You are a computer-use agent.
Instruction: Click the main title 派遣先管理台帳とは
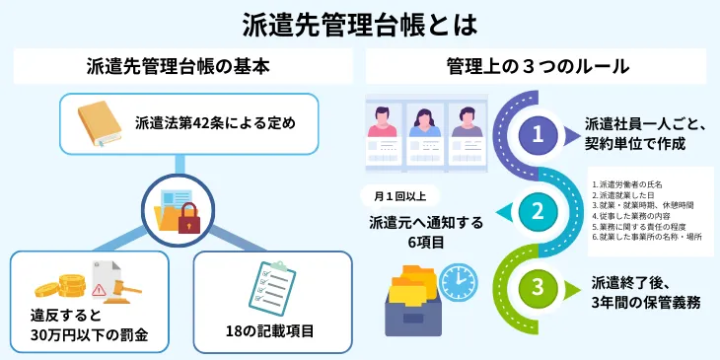tap(359, 22)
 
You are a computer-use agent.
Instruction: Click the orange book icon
tap(101, 123)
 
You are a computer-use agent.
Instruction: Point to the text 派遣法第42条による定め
tap(215, 124)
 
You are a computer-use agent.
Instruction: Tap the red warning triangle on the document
tap(99, 290)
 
